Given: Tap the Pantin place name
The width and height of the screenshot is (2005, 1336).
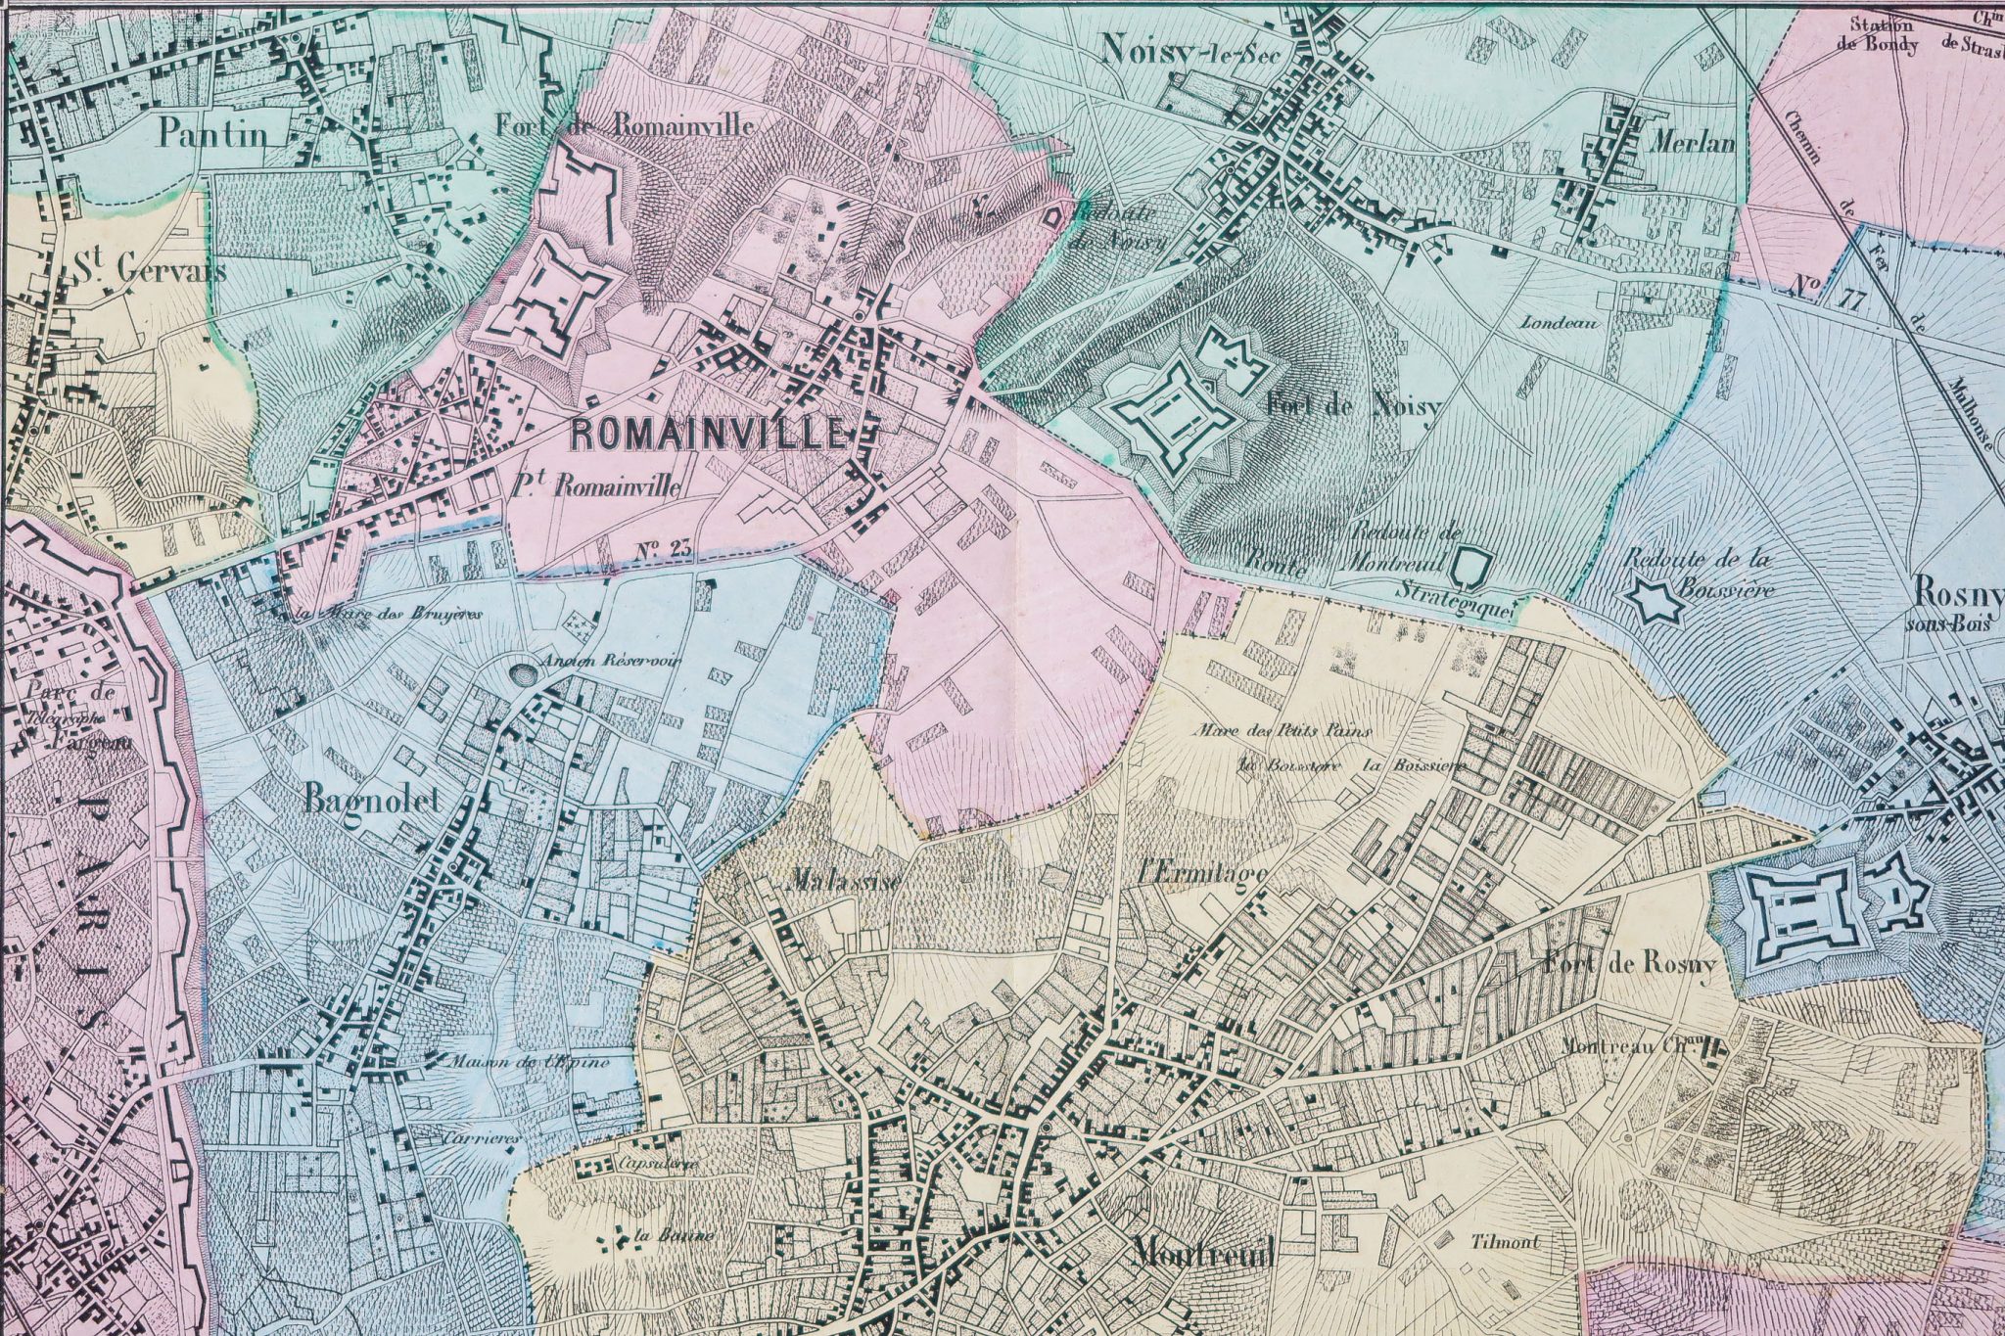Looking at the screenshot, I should [x=213, y=133].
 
